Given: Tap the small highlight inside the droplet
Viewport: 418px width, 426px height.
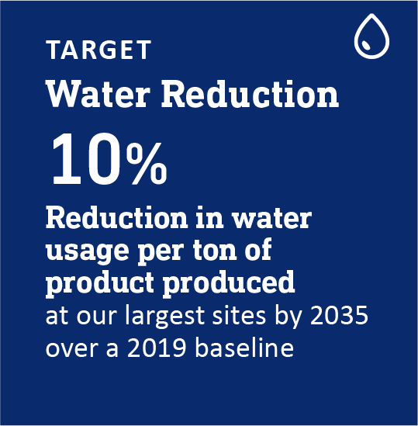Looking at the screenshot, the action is point(365,45).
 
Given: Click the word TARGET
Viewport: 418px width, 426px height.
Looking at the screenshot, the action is point(98,50).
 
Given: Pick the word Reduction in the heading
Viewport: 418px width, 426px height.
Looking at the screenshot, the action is point(250,94).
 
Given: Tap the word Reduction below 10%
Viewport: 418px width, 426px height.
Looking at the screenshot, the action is point(117,218).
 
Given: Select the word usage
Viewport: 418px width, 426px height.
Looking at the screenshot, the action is point(87,251).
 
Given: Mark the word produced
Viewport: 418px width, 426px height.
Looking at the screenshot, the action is point(229,282).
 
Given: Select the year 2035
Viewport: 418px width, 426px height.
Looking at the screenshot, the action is point(339,315).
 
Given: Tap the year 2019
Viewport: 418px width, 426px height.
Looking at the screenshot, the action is point(156,348).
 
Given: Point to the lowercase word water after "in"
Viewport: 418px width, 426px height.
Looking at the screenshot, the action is point(272,220).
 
